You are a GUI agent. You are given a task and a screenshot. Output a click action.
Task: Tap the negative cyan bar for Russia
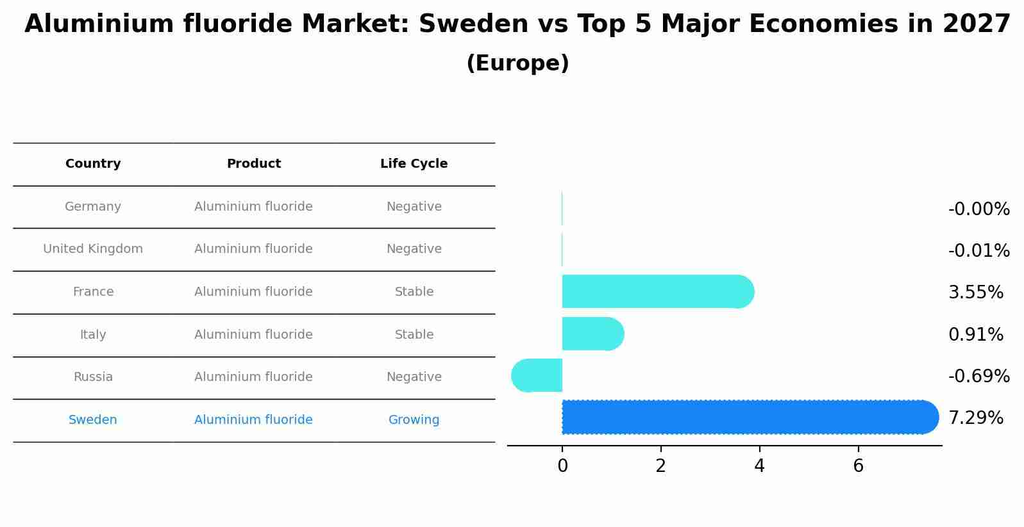pos(537,376)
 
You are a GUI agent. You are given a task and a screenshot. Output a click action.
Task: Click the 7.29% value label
pos(975,418)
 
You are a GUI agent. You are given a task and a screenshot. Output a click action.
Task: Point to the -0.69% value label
pos(978,377)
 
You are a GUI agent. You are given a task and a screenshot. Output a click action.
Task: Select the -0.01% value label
pos(978,251)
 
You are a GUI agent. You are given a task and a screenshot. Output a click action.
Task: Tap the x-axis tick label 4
pos(759,467)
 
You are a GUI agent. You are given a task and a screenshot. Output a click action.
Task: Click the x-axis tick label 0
pos(562,467)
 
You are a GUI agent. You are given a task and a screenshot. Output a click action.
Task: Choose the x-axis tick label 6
pos(858,467)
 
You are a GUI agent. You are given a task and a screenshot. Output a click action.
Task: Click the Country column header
pos(93,164)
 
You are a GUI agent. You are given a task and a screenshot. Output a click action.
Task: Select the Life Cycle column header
pos(414,164)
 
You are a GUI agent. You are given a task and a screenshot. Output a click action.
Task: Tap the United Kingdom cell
pos(93,249)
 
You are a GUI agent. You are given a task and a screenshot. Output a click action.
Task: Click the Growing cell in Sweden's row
pos(414,420)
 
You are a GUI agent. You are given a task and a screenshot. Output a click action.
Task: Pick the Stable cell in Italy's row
pos(414,335)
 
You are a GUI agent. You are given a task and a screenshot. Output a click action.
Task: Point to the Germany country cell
pos(93,207)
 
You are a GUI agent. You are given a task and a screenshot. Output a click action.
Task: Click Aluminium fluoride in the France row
pos(253,292)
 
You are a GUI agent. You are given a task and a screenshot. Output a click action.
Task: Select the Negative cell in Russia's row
pos(414,377)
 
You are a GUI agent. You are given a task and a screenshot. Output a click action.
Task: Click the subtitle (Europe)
pos(517,64)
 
